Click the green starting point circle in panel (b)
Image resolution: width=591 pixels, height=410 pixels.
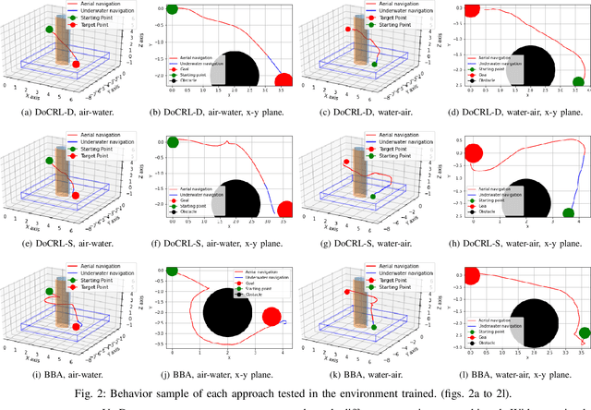click(x=171, y=11)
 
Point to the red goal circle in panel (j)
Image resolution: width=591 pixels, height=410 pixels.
click(x=271, y=318)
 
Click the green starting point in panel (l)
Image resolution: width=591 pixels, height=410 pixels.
click(x=584, y=333)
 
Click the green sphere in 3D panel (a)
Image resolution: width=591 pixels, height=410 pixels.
click(x=49, y=30)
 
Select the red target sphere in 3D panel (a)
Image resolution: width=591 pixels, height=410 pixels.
click(x=76, y=64)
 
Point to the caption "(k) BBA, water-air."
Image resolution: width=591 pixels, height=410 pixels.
click(x=370, y=377)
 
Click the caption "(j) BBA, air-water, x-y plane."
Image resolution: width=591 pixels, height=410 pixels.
click(x=221, y=377)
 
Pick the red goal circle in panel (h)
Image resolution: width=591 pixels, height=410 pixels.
click(x=475, y=152)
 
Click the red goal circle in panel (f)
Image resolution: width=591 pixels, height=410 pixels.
click(x=287, y=211)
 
